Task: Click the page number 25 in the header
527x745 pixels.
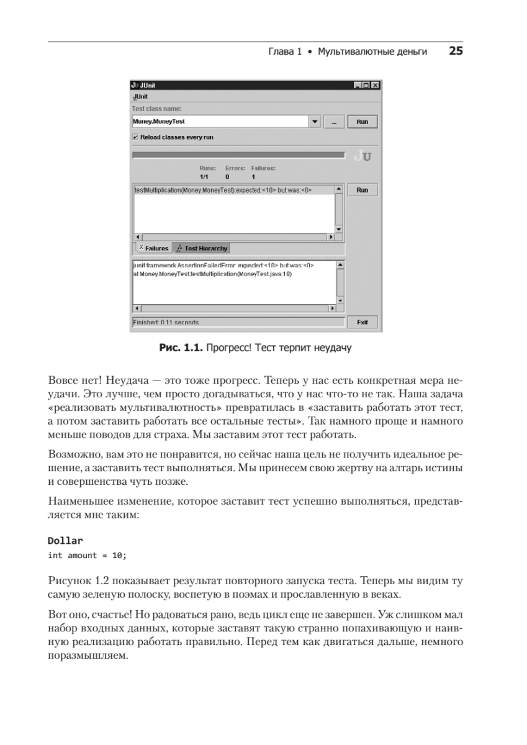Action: tap(456, 53)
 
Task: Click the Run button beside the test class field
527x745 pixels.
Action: tap(362, 122)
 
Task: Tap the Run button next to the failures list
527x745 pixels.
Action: tap(362, 191)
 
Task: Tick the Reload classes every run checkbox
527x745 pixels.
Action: tap(135, 137)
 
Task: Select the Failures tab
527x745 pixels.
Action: tap(153, 248)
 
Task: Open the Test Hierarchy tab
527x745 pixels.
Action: tap(201, 248)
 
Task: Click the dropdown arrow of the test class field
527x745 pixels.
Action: tap(315, 122)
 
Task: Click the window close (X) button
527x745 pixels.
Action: tap(374, 85)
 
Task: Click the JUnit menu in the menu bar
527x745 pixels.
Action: tap(140, 97)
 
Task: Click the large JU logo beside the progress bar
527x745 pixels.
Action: tap(362, 156)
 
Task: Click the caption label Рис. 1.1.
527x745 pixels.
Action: tap(180, 348)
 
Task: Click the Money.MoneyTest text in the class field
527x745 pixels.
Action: tap(159, 122)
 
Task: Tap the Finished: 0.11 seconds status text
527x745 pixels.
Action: tap(166, 323)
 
